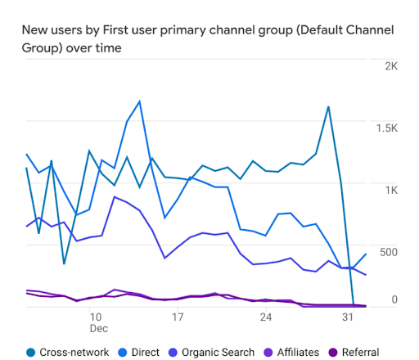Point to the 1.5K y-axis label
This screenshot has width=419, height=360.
(386, 128)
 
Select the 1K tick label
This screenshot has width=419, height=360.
(391, 189)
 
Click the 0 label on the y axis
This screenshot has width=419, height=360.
(394, 299)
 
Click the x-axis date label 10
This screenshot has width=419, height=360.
(96, 316)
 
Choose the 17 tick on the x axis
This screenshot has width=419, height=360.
(177, 316)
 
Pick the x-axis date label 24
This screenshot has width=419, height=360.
(265, 316)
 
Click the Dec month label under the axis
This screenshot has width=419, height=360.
(97, 329)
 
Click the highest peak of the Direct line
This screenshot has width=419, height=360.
(140, 101)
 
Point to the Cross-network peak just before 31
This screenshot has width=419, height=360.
(328, 106)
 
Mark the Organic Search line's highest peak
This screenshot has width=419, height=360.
(115, 196)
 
